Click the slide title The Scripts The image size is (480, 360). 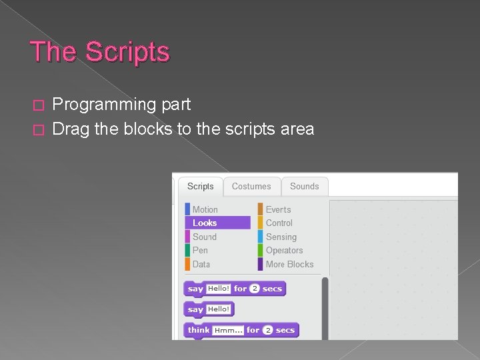tap(100, 52)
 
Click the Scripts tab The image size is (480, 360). tap(200, 187)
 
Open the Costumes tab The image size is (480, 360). tap(251, 187)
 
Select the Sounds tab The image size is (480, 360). tap(304, 187)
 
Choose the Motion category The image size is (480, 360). tap(205, 209)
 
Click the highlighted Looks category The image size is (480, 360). tap(205, 223)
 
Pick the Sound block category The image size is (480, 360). tap(204, 237)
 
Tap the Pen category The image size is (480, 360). tap(200, 250)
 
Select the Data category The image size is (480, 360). tap(201, 264)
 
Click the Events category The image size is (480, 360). tap(278, 209)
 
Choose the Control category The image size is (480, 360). tap(279, 223)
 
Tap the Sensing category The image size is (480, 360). tap(281, 237)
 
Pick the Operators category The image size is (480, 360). tap(284, 250)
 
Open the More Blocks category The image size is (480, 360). tap(289, 264)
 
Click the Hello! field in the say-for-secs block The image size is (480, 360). tap(218, 289)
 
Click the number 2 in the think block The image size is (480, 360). tap(267, 330)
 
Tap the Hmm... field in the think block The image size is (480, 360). tap(228, 330)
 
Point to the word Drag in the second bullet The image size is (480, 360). tap(71, 129)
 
